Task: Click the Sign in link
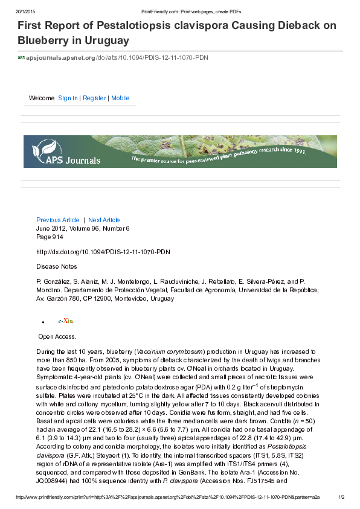[68, 98]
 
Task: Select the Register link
[94, 98]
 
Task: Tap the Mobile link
[120, 98]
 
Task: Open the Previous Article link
[58, 220]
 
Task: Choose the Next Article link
[104, 220]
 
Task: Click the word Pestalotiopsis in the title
[121, 26]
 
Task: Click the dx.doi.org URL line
[103, 251]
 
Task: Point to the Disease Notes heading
[57, 266]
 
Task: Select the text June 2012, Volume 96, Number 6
[83, 229]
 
